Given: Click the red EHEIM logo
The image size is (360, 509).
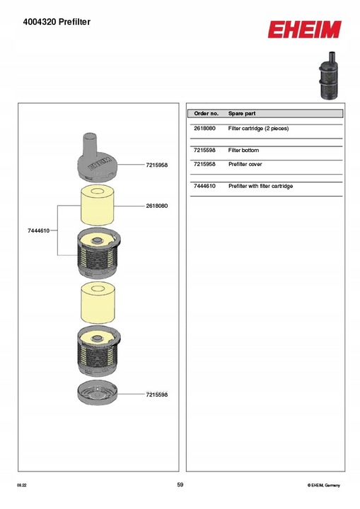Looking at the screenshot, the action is [x=304, y=30].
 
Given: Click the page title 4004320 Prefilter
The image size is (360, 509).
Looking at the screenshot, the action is [x=57, y=22].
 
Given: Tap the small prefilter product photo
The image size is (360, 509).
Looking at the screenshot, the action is [x=328, y=76].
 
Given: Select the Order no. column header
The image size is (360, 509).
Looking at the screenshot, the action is [x=206, y=114].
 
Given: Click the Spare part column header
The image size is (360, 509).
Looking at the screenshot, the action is [x=242, y=114].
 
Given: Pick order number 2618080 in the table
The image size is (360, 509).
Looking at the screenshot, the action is [x=204, y=128].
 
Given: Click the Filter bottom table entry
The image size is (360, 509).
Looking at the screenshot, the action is [x=243, y=151].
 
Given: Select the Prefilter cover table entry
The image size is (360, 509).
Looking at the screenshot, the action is [x=245, y=164].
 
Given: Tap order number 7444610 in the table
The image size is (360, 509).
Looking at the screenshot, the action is [x=204, y=186].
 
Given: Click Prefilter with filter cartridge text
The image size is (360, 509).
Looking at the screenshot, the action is [x=260, y=186].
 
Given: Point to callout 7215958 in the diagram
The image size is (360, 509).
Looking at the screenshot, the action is [x=157, y=165].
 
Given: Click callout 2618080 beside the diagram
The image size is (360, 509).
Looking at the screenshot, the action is [x=157, y=206].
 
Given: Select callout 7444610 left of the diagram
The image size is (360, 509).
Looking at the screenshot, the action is [x=39, y=230].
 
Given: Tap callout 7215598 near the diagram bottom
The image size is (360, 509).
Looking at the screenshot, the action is [x=157, y=394].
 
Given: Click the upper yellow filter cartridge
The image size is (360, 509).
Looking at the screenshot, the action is [x=98, y=205].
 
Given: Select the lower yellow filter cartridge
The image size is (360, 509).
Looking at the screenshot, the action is [x=98, y=303].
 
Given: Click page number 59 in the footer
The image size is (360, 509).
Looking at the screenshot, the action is [x=180, y=485].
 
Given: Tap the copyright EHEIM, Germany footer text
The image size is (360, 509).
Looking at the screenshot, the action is [x=324, y=485].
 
